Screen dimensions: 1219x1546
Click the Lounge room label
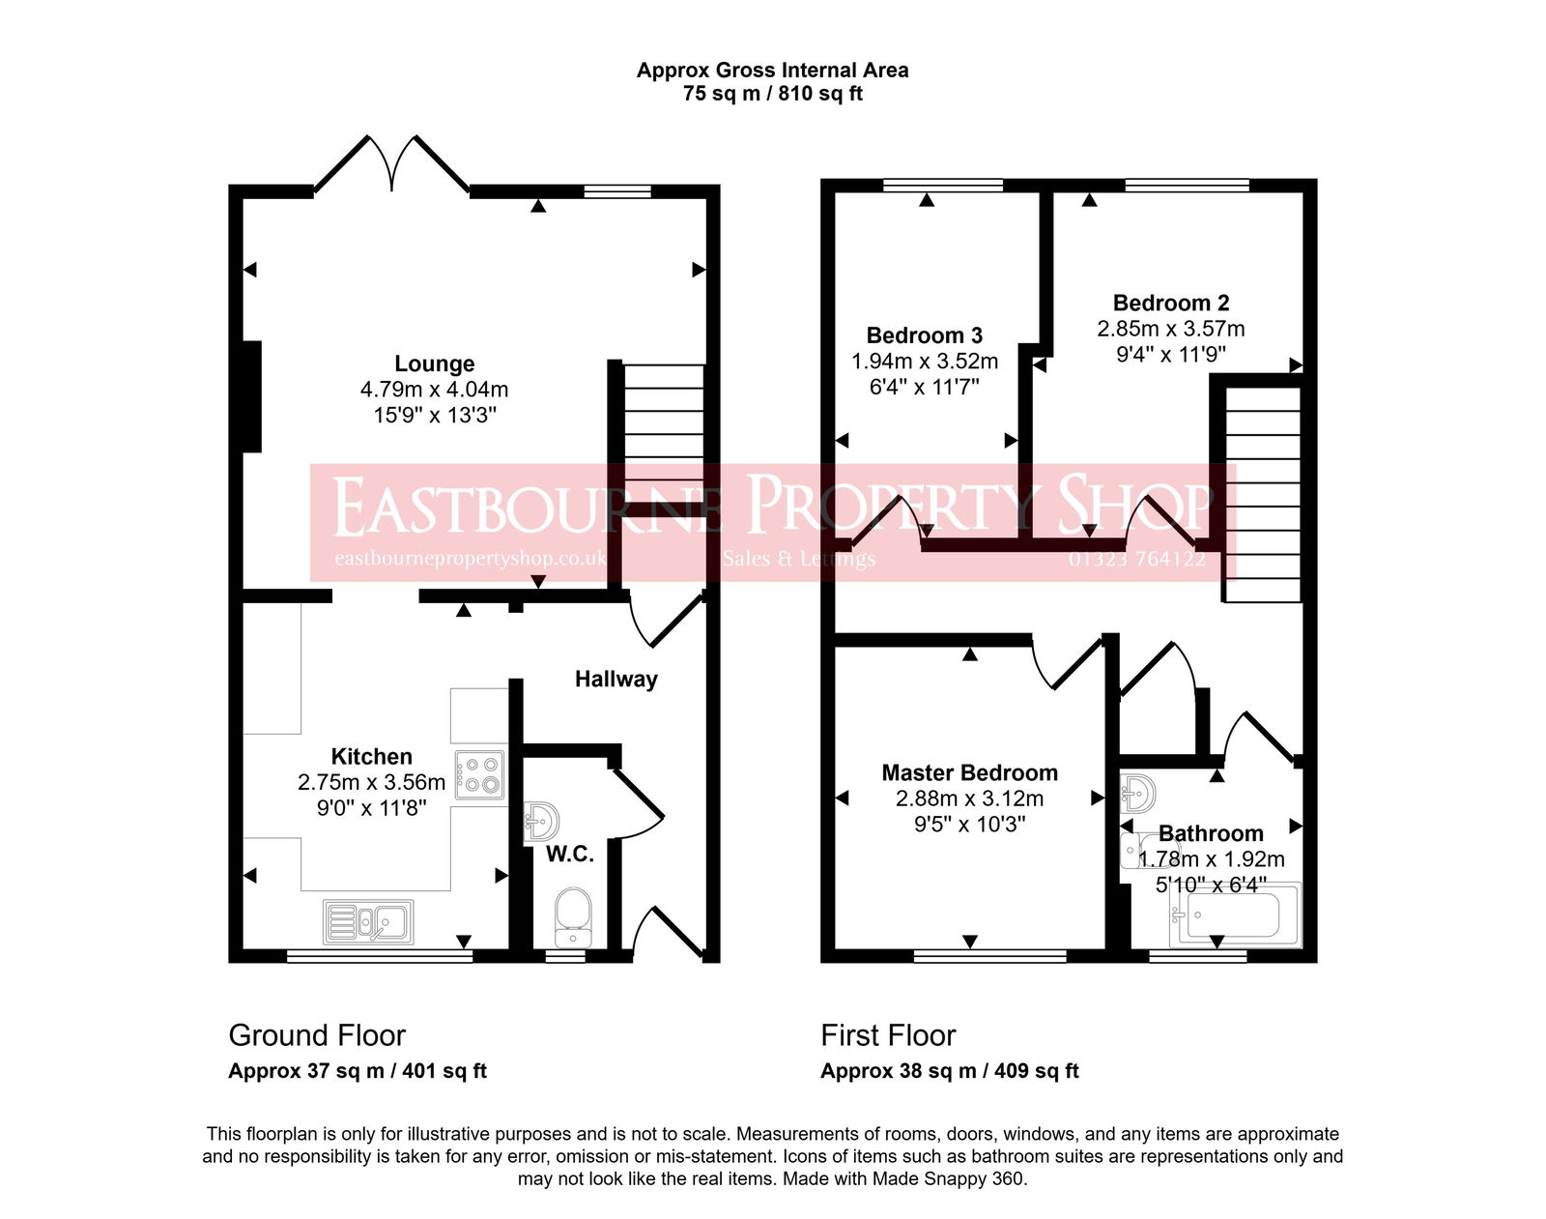(434, 363)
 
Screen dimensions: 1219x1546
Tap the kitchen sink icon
(368, 921)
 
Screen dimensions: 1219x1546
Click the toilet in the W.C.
(573, 915)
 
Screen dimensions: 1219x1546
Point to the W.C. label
(569, 855)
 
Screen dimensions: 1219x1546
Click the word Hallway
(616, 679)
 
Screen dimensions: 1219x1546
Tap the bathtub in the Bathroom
(1234, 914)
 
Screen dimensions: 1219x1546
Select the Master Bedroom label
(969, 772)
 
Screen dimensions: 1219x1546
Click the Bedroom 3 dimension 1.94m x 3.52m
(924, 362)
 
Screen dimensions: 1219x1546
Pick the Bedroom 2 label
(1170, 303)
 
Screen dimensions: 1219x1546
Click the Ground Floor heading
(317, 1035)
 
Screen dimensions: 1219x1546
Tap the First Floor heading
(888, 1035)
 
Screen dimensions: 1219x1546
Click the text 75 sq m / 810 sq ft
(772, 94)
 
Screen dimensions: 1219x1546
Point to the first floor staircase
(1262, 493)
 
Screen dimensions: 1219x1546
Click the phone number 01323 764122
(1136, 559)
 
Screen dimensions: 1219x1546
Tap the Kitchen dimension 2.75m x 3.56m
(371, 782)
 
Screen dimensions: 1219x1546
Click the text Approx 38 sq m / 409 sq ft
(949, 1071)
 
